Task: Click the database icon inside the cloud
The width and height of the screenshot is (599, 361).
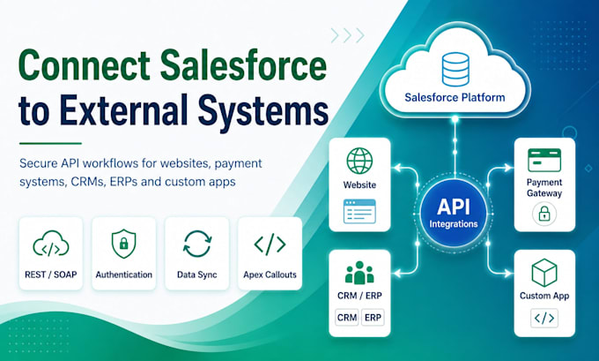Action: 455,69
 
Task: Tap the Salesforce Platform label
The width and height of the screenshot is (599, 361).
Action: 455,97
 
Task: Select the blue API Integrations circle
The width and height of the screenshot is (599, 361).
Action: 454,213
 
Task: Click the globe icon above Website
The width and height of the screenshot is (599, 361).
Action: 359,161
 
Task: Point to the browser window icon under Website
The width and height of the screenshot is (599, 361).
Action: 359,211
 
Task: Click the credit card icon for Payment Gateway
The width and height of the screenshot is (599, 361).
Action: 544,160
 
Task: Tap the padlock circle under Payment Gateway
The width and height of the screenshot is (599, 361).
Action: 544,214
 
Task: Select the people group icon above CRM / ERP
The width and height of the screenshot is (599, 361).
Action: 359,273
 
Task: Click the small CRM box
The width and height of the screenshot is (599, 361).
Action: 347,318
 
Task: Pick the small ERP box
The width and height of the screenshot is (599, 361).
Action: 373,318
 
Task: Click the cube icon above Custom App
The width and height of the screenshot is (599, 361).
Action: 544,273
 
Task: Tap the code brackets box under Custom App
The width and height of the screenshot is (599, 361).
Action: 544,318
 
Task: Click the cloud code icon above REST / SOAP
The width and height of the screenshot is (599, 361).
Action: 51,244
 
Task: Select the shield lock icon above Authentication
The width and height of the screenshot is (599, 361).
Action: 124,244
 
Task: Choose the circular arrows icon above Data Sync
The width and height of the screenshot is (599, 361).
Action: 197,244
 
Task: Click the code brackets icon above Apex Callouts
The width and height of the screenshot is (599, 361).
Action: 270,244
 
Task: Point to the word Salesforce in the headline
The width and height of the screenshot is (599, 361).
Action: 243,65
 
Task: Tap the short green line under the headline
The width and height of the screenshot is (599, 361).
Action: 50,144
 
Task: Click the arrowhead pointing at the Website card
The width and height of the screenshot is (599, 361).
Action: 397,168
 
